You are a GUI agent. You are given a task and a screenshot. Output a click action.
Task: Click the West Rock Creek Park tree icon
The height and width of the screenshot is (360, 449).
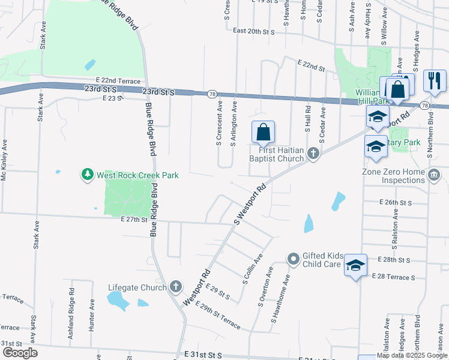click(88, 175)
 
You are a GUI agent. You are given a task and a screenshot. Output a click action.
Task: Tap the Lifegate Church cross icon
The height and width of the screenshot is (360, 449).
click(175, 287)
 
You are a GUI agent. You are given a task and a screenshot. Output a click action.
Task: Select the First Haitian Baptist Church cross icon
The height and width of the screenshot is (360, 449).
click(313, 154)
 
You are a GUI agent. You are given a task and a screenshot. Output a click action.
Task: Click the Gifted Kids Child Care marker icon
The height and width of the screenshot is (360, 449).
click(294, 259)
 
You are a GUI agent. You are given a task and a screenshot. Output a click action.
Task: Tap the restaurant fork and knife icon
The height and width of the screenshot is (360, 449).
click(434, 80)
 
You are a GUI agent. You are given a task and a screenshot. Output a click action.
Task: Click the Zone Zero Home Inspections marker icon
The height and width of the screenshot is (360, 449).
click(435, 175)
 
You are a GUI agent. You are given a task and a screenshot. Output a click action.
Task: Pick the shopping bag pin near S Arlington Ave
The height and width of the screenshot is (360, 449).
click(263, 132)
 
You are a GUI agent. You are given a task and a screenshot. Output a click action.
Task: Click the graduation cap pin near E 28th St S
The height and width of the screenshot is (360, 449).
click(355, 265)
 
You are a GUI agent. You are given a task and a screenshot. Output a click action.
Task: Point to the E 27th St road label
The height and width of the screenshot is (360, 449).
click(133, 220)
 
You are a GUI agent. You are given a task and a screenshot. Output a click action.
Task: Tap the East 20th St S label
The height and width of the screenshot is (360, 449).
click(253, 31)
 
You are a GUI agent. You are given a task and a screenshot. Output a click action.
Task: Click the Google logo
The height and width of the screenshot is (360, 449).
click(19, 353)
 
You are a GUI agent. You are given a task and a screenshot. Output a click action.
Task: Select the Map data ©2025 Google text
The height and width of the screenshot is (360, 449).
click(411, 356)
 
